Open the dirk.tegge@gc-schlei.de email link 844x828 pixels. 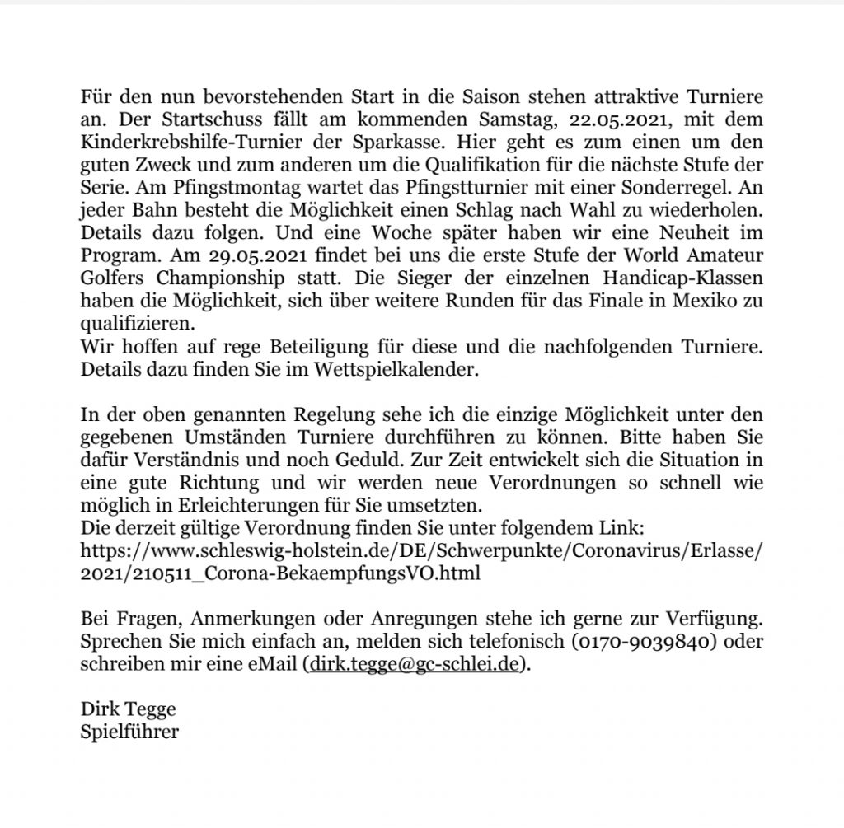[x=416, y=664]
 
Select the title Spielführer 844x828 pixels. [x=129, y=730]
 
